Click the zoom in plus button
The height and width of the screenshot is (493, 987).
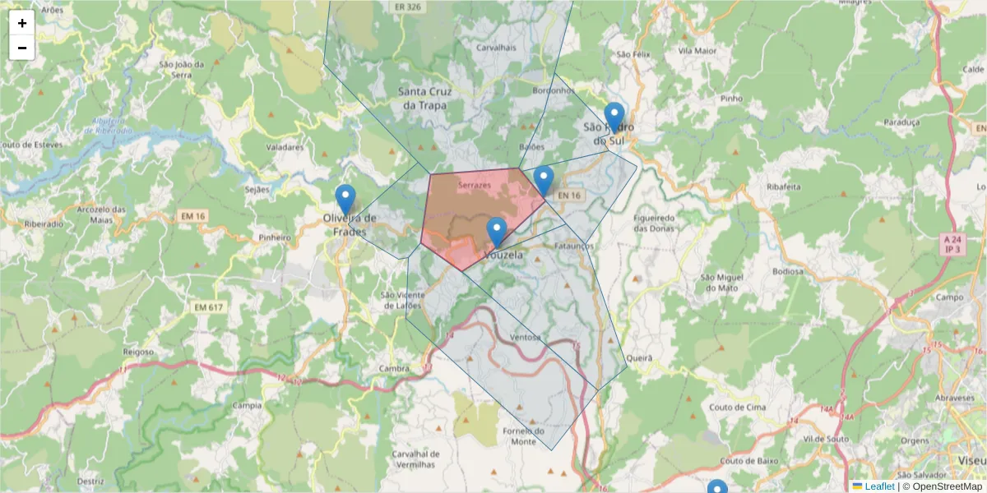(22, 23)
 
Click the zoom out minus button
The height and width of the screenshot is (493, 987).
(22, 48)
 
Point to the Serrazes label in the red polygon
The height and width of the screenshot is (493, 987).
(475, 186)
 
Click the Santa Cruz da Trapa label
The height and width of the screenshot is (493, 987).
(423, 99)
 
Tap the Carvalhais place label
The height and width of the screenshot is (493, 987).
(496, 48)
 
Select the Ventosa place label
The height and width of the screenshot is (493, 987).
(525, 338)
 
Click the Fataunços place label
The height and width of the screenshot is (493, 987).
(573, 246)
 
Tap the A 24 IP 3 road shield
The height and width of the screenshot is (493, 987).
(952, 244)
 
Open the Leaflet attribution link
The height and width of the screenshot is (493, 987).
(879, 486)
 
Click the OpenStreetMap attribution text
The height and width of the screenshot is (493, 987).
(947, 486)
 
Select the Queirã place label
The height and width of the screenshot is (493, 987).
(638, 358)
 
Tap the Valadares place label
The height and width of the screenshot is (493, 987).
(285, 148)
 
